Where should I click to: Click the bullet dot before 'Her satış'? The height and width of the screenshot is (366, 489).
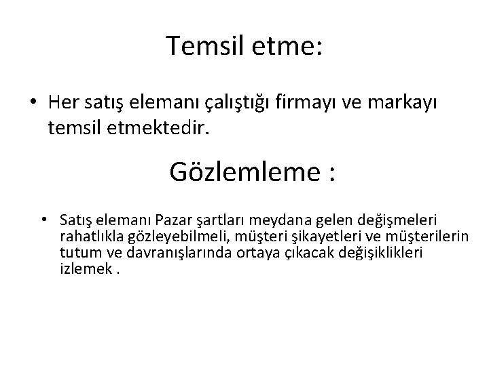click(33, 103)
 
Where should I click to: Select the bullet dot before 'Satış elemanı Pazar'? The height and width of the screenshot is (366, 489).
click(43, 220)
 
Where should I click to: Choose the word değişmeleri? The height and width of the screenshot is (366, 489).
click(402, 220)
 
